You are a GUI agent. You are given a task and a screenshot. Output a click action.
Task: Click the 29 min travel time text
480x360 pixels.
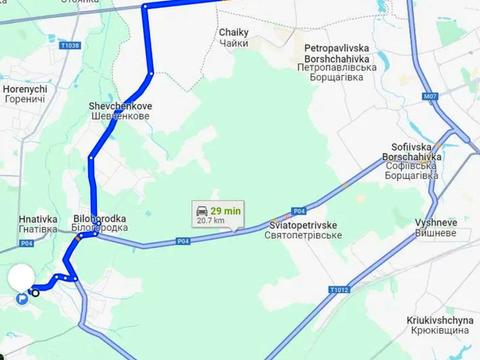coord(231,210)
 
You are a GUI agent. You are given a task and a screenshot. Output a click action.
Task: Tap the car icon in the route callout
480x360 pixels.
coord(203,211)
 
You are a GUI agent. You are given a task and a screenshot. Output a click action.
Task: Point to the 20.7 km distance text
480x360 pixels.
coord(210,220)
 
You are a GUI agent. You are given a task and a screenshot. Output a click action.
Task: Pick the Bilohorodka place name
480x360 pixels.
coord(100,222)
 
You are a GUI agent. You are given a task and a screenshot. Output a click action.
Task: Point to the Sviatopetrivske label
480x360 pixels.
coord(305,229)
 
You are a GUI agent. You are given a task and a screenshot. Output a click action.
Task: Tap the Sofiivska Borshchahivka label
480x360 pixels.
coord(410,165)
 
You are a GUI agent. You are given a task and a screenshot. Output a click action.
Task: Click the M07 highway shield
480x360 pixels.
coord(431,97)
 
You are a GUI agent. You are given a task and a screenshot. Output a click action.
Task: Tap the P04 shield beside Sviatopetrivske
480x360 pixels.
coord(298,211)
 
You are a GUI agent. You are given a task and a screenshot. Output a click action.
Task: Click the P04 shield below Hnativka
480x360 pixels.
coord(26,243)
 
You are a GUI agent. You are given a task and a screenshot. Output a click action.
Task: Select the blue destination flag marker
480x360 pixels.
coord(22,297)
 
